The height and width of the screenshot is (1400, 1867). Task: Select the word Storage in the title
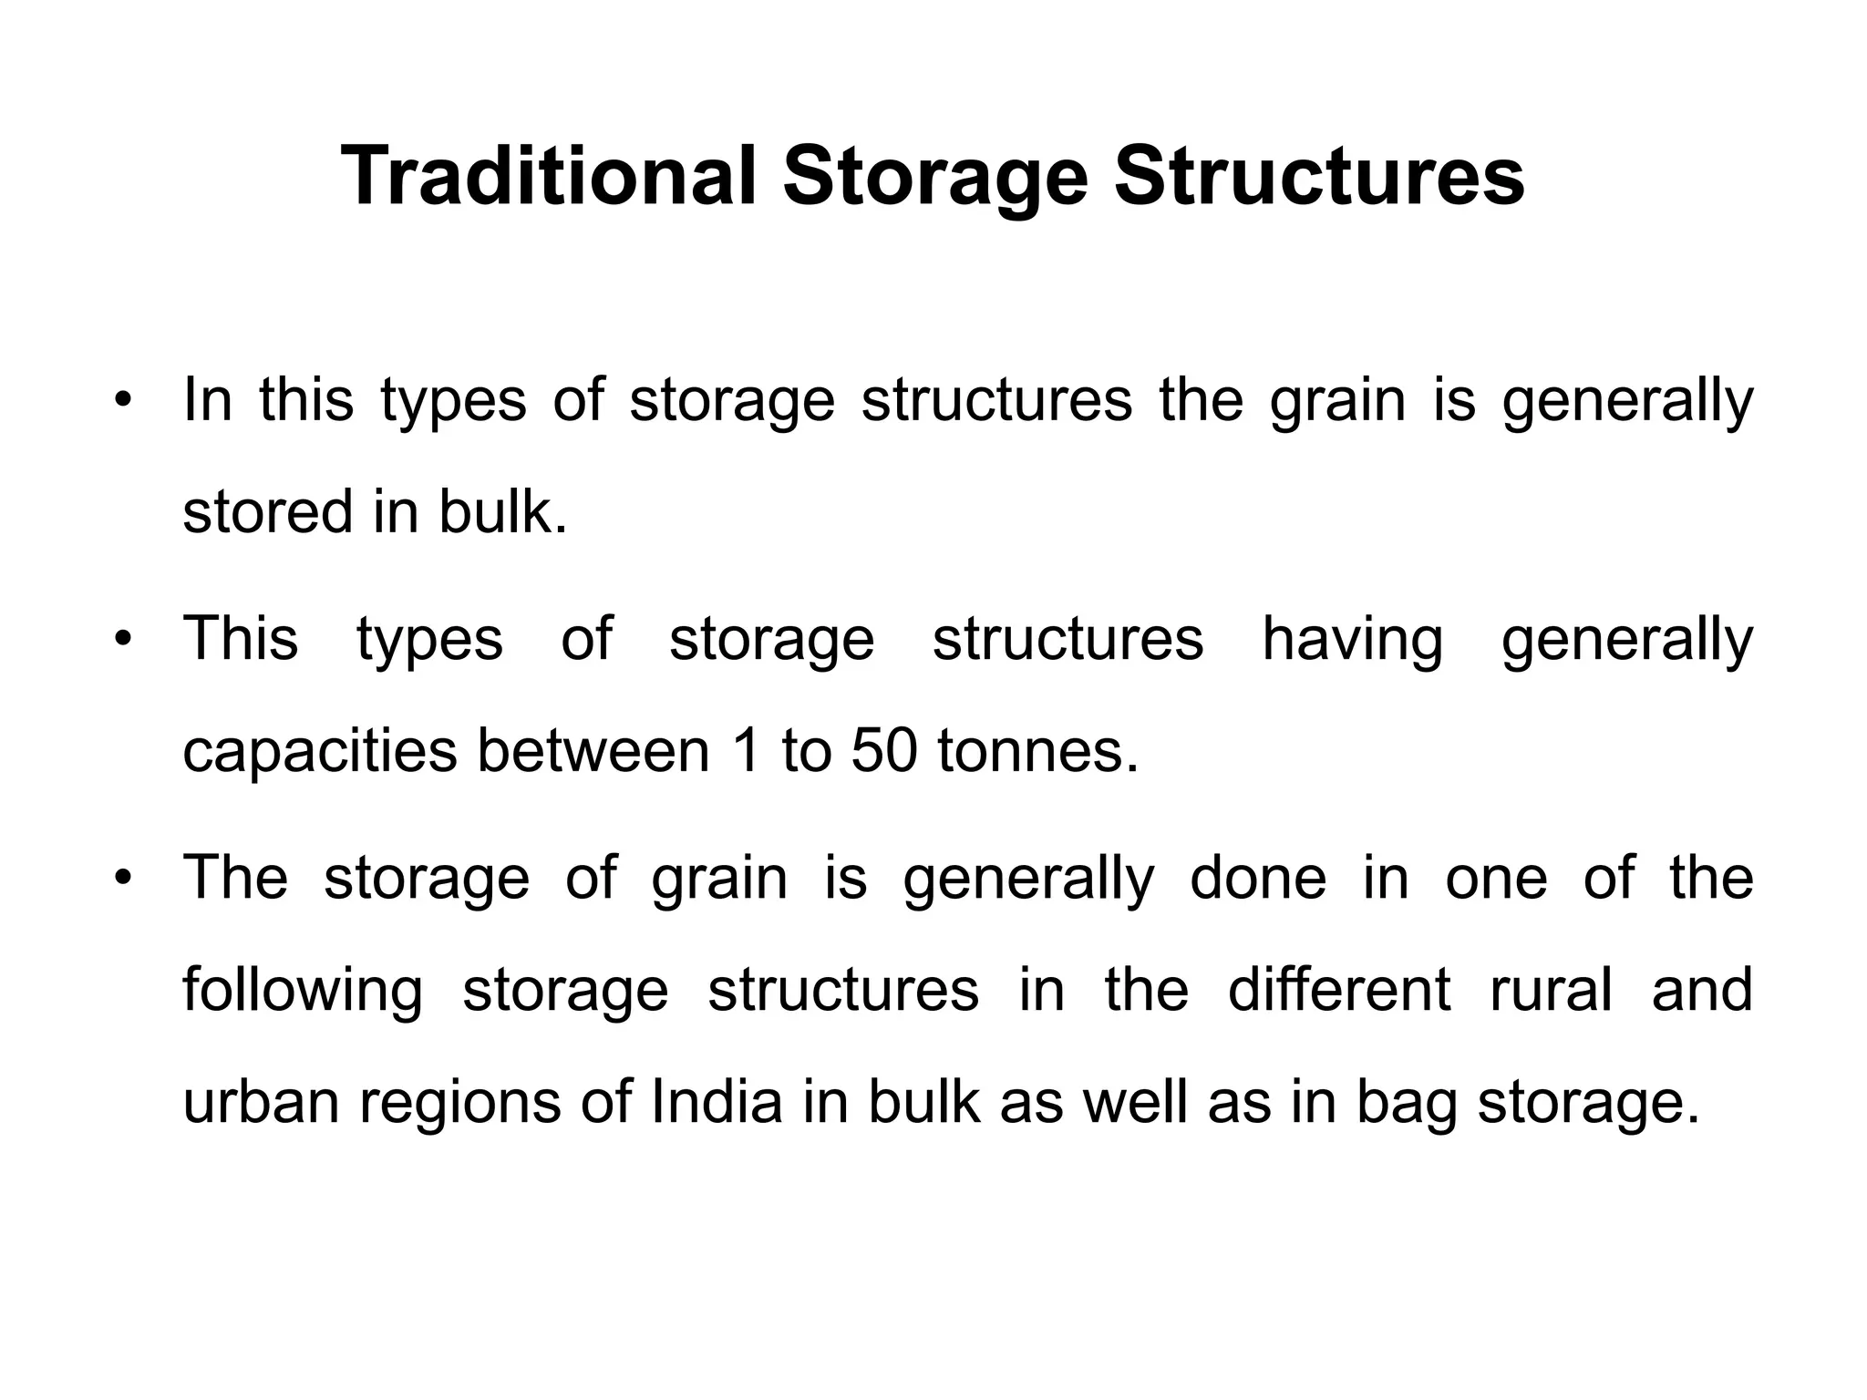coord(934,178)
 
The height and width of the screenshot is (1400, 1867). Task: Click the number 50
coord(883,751)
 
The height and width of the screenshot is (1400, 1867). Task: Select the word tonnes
coord(1037,751)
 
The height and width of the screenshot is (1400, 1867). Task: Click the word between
coord(593,751)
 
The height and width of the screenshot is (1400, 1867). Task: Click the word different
coord(1339,989)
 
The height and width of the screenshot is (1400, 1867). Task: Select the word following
coord(303,991)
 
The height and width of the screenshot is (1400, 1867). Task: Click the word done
coord(1258,878)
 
